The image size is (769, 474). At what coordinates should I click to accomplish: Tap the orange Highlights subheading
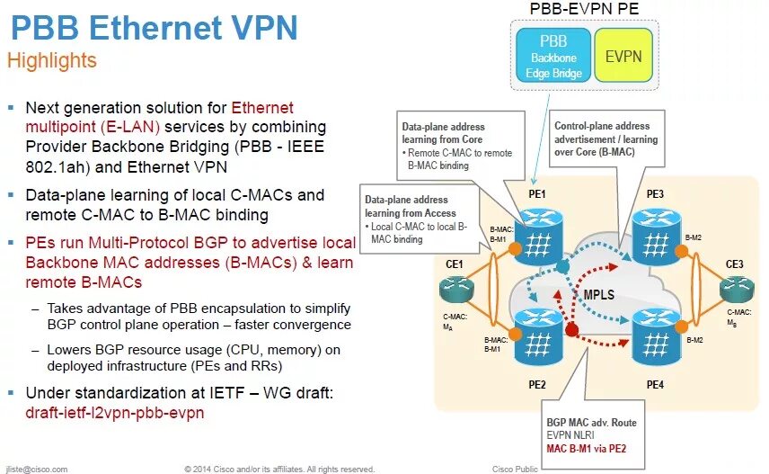click(52, 61)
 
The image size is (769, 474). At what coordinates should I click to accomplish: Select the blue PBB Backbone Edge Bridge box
click(553, 56)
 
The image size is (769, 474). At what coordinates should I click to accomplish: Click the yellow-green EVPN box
click(623, 56)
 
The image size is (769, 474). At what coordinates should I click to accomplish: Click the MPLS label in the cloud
click(599, 295)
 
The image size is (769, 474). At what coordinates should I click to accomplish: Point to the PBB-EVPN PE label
click(586, 9)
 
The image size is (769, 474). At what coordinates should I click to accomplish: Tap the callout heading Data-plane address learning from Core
click(443, 133)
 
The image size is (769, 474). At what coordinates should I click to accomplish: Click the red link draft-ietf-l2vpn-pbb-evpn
click(116, 413)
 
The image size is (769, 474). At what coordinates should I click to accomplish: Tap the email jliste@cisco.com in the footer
click(37, 469)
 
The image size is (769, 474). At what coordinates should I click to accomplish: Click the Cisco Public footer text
click(515, 469)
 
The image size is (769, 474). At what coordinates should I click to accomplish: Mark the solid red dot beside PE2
click(571, 331)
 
